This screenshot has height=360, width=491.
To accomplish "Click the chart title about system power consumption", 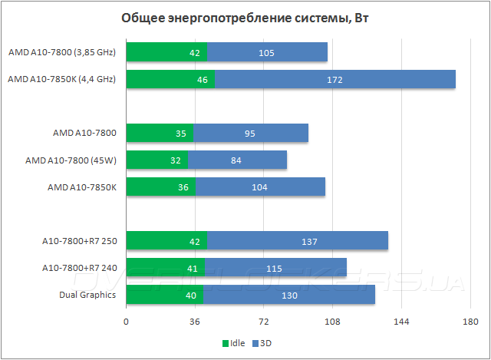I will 245,18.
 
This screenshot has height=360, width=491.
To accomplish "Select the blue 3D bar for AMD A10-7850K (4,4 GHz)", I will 335,79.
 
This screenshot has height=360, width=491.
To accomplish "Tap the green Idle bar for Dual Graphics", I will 155,295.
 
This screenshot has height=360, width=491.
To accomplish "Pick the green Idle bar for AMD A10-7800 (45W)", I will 157,160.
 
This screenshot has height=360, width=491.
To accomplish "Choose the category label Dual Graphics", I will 87,295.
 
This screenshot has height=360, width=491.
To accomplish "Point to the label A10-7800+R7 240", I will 79,268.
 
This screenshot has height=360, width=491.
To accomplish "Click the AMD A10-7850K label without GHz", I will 81,187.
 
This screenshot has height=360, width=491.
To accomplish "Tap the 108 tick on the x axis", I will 332,322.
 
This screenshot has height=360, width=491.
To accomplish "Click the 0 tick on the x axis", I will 126,322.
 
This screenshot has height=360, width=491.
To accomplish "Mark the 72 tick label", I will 263,322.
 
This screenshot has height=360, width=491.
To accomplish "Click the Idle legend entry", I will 233,343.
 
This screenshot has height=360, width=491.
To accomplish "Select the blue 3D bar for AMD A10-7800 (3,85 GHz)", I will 267,52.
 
